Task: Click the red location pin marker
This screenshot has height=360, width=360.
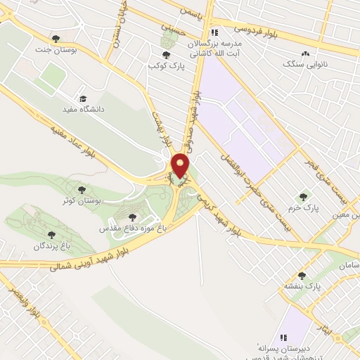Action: coord(181,166)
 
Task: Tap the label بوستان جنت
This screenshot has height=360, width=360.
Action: coord(56,51)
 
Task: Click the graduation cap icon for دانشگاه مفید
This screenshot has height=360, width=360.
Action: coord(83,99)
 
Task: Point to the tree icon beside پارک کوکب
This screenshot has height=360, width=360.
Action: coord(166,54)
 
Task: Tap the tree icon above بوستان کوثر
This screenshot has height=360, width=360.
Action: coord(82,189)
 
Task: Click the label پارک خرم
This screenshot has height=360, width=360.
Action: coord(303,209)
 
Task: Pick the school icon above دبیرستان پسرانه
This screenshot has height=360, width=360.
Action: coord(285,337)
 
